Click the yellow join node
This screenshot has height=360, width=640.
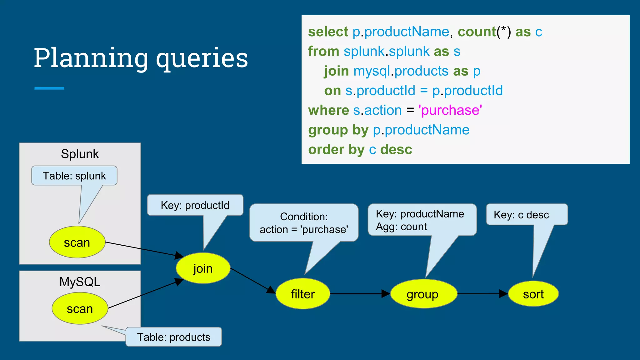point(203,268)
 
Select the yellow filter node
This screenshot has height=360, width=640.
point(302,294)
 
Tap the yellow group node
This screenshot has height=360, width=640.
point(423,294)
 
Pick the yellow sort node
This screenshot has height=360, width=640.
point(533,294)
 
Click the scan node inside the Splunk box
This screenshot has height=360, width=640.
point(77,242)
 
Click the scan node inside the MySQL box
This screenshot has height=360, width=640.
point(80,309)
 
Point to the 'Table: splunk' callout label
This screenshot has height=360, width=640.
point(74,176)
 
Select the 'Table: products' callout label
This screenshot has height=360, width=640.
point(174,337)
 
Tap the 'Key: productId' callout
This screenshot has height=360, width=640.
point(195,205)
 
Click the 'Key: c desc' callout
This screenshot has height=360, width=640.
point(521,215)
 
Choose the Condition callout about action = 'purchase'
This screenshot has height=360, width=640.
point(304,223)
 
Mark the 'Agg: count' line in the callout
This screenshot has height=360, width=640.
point(401,227)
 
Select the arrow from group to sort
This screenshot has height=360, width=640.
point(482,294)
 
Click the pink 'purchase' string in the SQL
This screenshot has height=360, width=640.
point(450,110)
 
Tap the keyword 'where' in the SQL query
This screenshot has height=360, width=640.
point(328,110)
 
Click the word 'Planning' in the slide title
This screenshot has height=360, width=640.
point(91,58)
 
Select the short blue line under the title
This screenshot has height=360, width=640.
point(49,88)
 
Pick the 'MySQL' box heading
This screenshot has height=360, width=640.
point(80,282)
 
